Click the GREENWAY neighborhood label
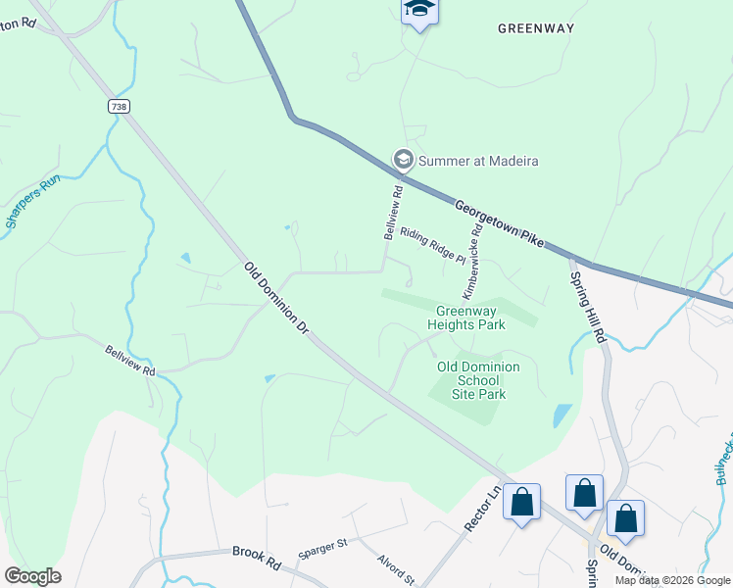point(535,28)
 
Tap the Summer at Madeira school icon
point(402,159)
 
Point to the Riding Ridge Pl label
point(432,246)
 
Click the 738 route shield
point(120,106)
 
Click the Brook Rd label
point(257,552)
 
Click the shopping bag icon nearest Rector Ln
point(522,503)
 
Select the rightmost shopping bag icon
point(625,517)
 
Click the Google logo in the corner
point(32,575)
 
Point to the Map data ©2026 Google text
point(671,580)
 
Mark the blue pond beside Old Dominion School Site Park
point(562,416)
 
